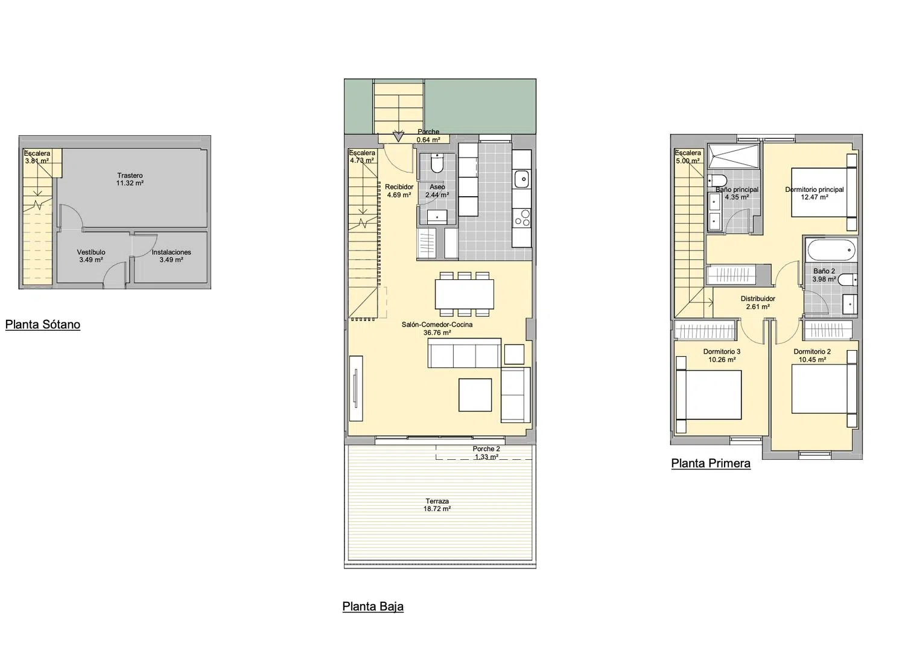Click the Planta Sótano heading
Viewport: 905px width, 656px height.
click(43, 325)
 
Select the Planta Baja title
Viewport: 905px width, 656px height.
click(373, 607)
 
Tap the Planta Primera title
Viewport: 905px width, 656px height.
click(711, 463)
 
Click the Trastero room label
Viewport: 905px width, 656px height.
click(130, 179)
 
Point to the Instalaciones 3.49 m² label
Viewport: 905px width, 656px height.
click(171, 256)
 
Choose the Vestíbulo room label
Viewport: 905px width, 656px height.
click(91, 256)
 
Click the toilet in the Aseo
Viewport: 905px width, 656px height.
click(437, 163)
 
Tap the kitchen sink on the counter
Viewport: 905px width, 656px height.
click(522, 179)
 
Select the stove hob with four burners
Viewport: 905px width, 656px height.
click(522, 218)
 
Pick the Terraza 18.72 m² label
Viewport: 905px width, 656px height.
click(437, 505)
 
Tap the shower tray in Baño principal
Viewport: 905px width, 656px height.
click(733, 156)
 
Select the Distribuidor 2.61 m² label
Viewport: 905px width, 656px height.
click(758, 303)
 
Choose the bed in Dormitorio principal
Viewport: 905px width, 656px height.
click(824, 193)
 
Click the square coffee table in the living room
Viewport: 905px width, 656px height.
click(475, 395)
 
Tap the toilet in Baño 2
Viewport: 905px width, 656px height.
click(848, 279)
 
